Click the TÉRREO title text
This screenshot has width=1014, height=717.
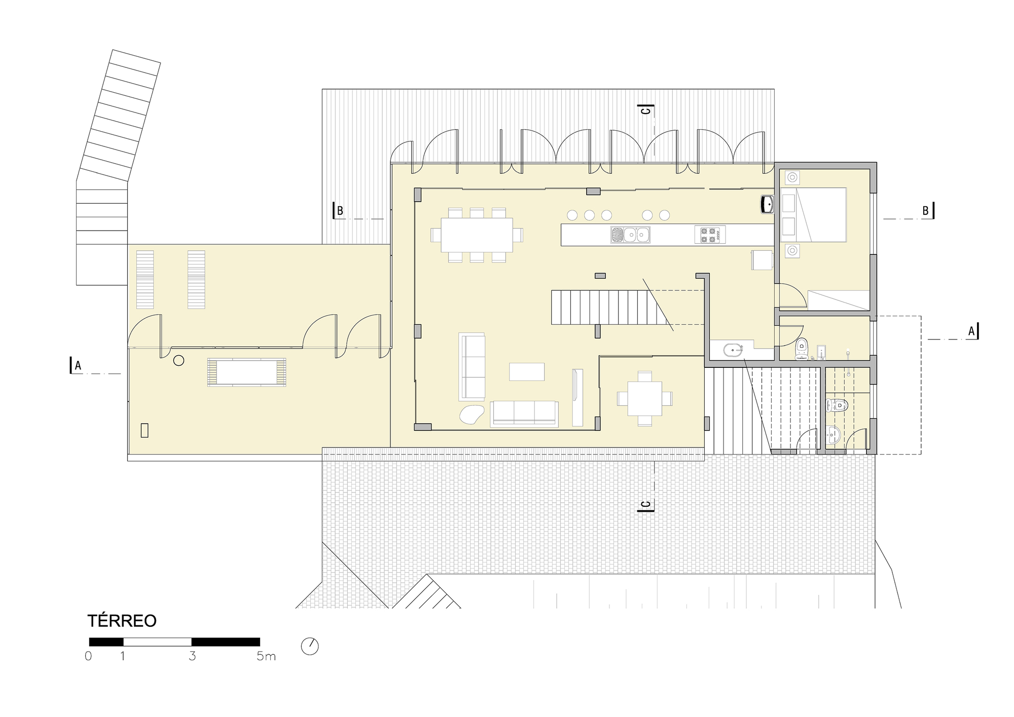tap(122, 621)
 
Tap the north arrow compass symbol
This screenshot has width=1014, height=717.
tap(310, 647)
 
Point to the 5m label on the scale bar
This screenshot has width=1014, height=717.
tap(266, 656)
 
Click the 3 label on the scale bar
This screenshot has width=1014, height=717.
tap(192, 656)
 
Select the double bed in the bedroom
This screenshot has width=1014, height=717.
tap(821, 214)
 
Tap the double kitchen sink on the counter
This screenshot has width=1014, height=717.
tap(630, 235)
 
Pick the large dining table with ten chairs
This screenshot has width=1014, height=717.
tap(477, 235)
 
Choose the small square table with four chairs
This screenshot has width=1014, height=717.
tap(645, 398)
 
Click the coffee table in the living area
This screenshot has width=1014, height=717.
tap(527, 371)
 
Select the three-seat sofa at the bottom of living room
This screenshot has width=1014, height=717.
tap(524, 413)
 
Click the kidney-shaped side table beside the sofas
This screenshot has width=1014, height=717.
tap(472, 414)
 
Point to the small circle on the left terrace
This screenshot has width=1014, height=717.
tap(178, 360)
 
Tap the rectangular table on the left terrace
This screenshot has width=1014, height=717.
tap(247, 372)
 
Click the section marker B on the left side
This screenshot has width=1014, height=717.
tap(338, 211)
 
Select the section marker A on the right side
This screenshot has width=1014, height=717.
tap(973, 331)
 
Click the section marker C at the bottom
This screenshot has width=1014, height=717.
tap(646, 505)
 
